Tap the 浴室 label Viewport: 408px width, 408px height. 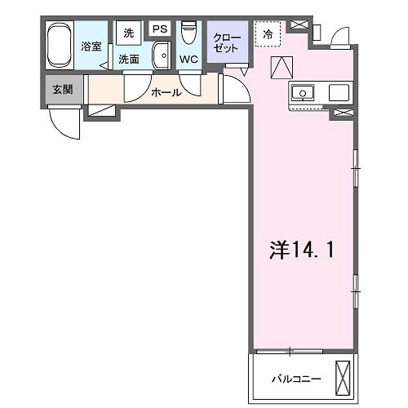click(x=91, y=47)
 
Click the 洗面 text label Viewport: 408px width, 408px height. click(x=129, y=59)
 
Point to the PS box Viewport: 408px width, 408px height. click(x=160, y=29)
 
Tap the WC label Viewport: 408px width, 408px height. click(x=188, y=60)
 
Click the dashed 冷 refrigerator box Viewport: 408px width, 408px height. click(x=267, y=34)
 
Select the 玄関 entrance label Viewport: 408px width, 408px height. click(x=63, y=88)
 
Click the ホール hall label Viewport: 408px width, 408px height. click(x=166, y=92)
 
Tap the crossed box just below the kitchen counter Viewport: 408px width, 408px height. click(x=343, y=114)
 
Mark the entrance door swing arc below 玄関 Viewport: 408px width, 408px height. click(x=64, y=124)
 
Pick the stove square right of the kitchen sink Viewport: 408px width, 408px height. click(x=339, y=92)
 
